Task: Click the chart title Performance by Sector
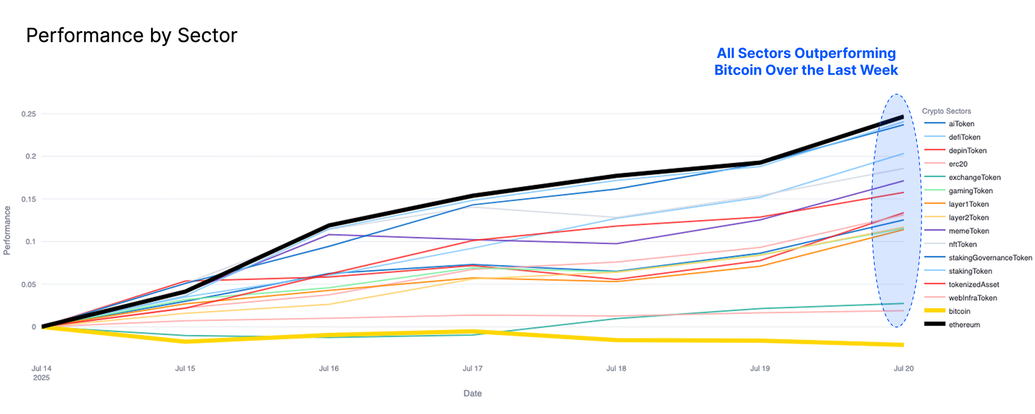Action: click(131, 36)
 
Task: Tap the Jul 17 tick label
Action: click(472, 368)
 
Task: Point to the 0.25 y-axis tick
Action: click(28, 114)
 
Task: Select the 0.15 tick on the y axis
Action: click(28, 199)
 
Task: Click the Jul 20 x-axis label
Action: click(904, 368)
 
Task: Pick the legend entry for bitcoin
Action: click(959, 312)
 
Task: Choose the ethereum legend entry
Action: click(964, 325)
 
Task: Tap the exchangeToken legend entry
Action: click(974, 178)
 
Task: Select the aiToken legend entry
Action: click(961, 124)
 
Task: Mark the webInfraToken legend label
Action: click(972, 298)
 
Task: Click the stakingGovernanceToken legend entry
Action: click(990, 258)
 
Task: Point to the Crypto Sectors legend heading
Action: click(946, 111)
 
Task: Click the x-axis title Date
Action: click(472, 393)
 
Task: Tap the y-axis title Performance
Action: click(7, 230)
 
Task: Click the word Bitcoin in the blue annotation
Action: click(737, 70)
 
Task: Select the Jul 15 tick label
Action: click(185, 368)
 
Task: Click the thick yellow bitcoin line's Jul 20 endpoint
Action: click(903, 345)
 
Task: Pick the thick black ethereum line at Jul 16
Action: click(329, 226)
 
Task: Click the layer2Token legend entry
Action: click(968, 218)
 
